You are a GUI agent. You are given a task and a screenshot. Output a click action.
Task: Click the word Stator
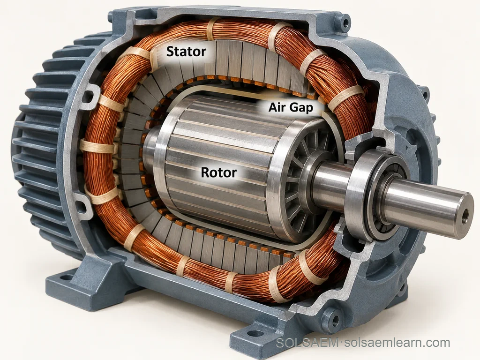point(186,52)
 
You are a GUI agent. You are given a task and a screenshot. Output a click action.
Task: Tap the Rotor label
point(218,172)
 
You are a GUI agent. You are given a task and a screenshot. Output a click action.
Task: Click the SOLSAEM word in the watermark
point(307,343)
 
